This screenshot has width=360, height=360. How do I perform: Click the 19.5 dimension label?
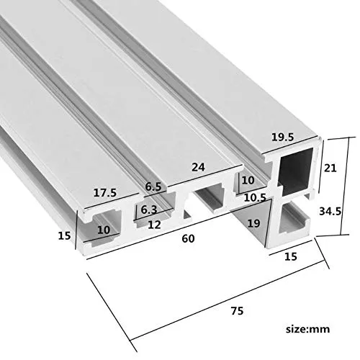coord(282,137)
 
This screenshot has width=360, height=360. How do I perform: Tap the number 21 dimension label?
coord(330,168)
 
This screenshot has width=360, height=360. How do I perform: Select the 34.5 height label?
coord(330,211)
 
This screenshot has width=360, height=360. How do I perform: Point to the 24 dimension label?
coord(198,167)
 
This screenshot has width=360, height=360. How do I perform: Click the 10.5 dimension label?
coord(255,197)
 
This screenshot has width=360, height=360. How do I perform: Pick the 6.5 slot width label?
coord(153,186)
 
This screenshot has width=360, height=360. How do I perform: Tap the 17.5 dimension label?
coord(105,192)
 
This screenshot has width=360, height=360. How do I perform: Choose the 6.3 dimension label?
coord(149,210)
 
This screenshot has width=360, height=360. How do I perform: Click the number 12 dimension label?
coord(154,225)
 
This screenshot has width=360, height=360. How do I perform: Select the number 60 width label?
coord(188,238)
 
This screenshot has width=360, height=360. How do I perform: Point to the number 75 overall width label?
coord(237,311)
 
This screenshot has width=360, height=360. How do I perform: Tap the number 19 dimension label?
coord(253,223)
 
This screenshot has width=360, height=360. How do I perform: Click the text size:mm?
coord(307,329)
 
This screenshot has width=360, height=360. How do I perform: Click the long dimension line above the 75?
coord(228,300)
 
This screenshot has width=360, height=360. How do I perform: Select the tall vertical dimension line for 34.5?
coord(345,186)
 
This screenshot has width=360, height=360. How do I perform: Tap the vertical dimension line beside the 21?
coord(321,166)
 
